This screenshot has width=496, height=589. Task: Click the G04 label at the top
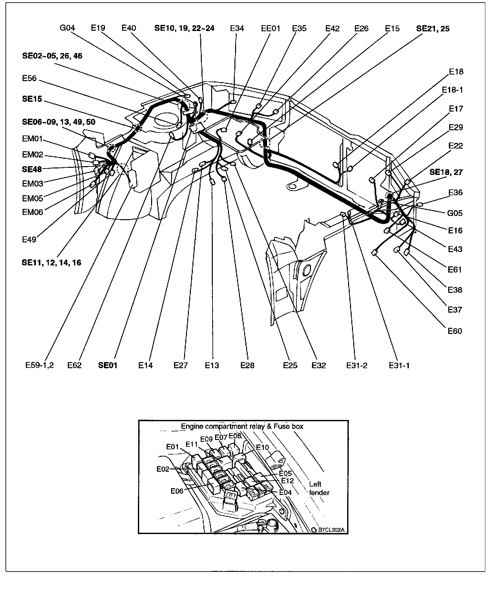click(67, 28)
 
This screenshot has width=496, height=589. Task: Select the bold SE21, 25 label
click(433, 29)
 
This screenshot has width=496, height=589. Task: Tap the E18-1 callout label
click(452, 90)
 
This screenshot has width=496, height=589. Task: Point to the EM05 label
click(32, 198)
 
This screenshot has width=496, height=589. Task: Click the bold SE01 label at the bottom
click(108, 366)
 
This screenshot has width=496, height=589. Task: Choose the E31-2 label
click(357, 366)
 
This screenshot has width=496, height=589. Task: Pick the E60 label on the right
click(455, 331)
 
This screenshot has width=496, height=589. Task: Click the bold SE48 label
click(32, 169)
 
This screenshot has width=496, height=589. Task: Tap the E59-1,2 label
click(39, 366)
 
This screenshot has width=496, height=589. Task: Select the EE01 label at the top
click(271, 29)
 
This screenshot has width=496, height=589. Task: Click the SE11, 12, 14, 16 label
click(51, 263)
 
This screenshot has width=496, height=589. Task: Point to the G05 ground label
click(455, 213)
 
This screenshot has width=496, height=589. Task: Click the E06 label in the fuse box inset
click(177, 491)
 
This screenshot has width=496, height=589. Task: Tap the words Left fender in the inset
click(319, 488)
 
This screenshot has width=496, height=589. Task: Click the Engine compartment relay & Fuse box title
click(242, 426)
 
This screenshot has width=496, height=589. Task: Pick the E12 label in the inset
click(287, 481)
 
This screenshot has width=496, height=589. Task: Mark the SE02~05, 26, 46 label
click(52, 56)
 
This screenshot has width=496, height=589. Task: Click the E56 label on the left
click(29, 79)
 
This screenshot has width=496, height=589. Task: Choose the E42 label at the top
click(332, 29)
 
